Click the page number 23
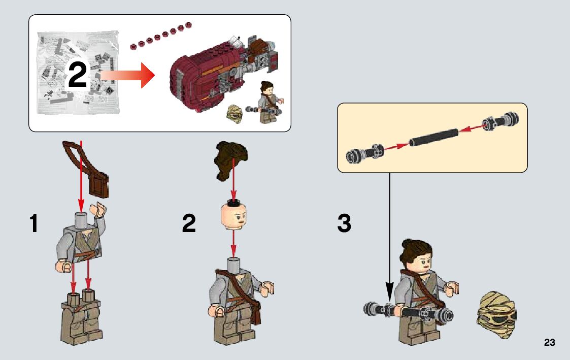tap(549, 342)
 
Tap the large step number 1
tap(34, 223)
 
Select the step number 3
tap(344, 223)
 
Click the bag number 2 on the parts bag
tap(78, 75)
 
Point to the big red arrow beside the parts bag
tap(127, 75)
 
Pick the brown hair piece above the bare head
tap(231, 160)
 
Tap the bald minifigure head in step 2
tap(234, 215)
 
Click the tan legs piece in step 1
tap(81, 317)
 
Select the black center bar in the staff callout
tap(433, 137)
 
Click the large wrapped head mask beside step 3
tap(496, 314)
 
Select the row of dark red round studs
tap(161, 36)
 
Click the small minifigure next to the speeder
tap(269, 102)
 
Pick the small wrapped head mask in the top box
tap(234, 114)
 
